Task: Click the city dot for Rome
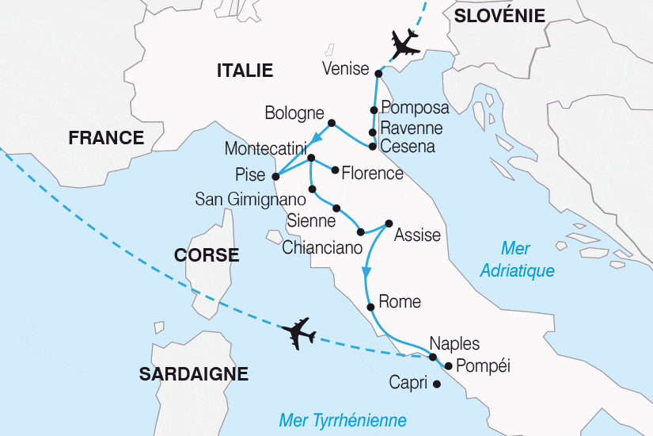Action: pyautogui.click(x=370, y=307)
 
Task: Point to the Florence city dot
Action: pyautogui.click(x=336, y=170)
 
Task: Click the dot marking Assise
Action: pyautogui.click(x=389, y=224)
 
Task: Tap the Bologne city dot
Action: pyautogui.click(x=331, y=122)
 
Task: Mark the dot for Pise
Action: pyautogui.click(x=275, y=176)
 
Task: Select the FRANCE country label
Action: pyautogui.click(x=106, y=138)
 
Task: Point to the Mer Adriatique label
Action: pyautogui.click(x=518, y=259)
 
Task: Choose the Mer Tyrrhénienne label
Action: pyautogui.click(x=343, y=420)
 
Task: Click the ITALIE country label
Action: pyautogui.click(x=245, y=71)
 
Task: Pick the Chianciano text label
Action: pyautogui.click(x=321, y=247)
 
